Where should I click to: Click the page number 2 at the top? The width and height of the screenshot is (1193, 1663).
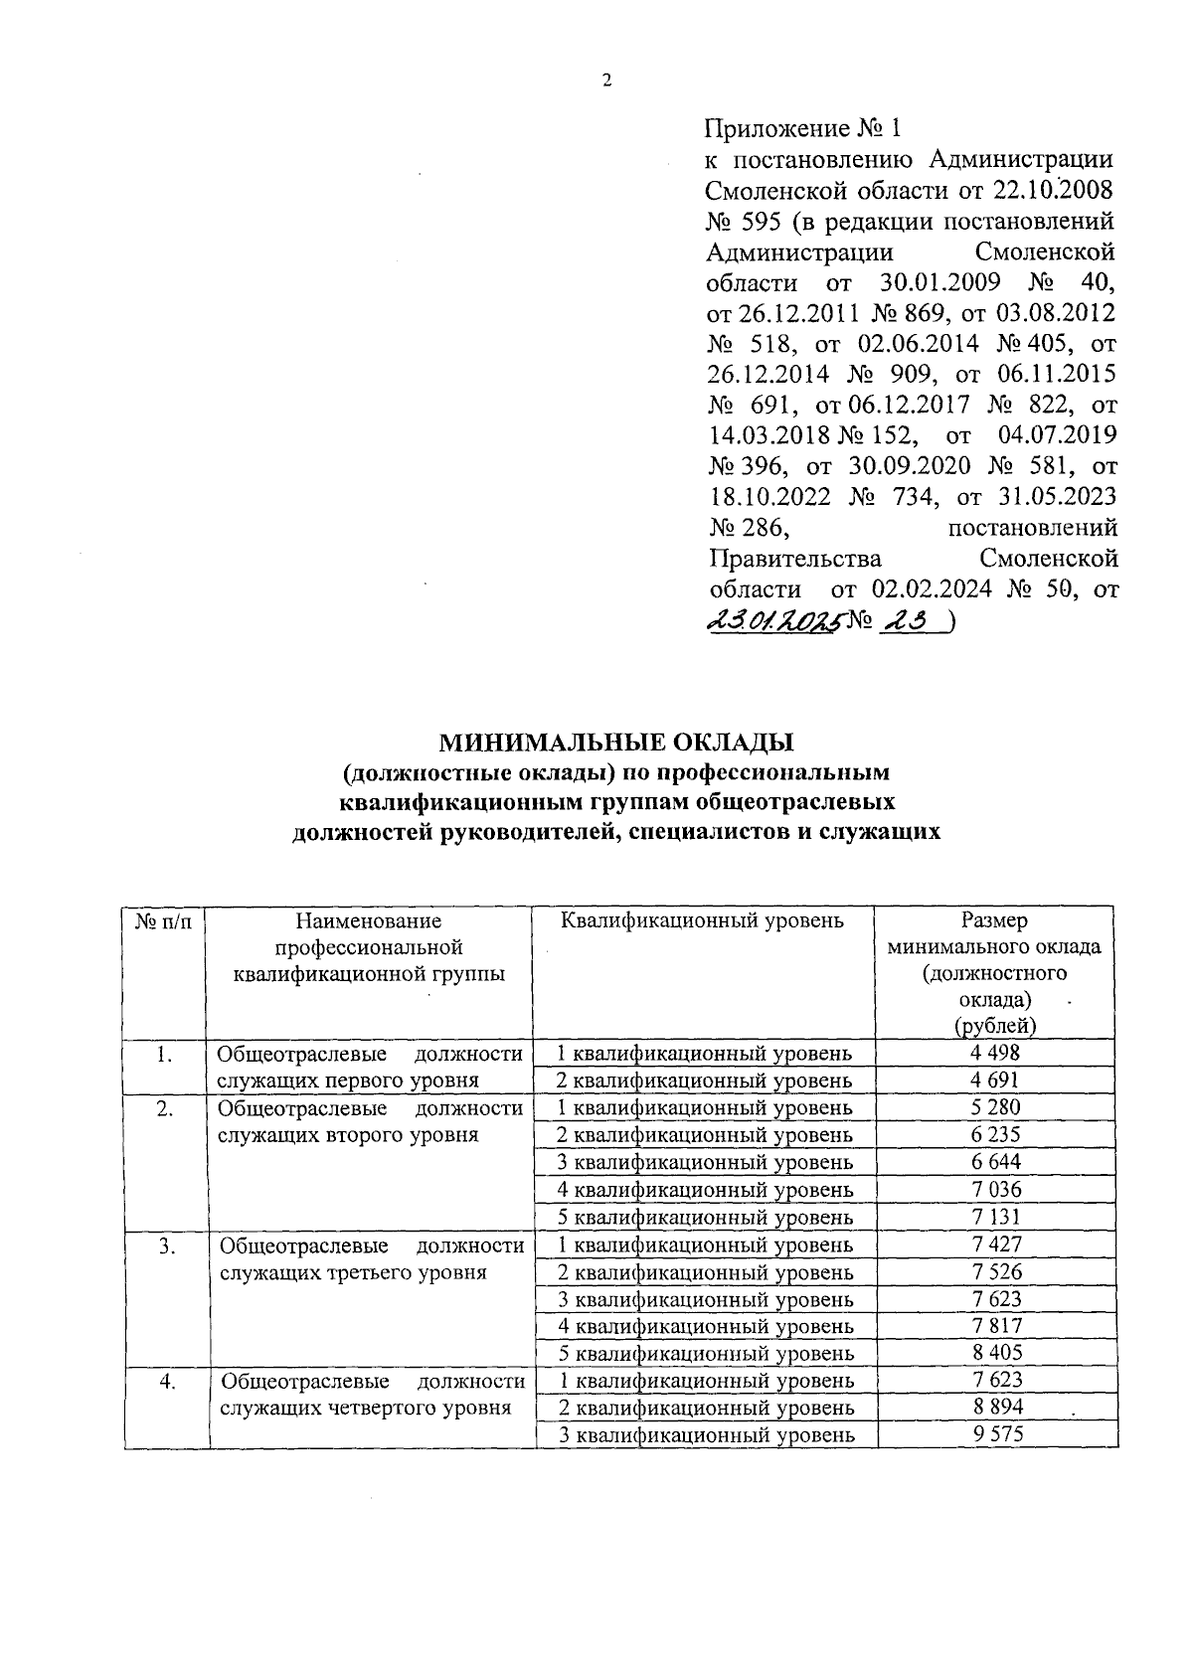(x=606, y=82)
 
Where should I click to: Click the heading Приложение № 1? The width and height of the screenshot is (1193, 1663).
(x=805, y=129)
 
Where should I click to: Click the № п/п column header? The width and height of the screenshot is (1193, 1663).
(x=163, y=921)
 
